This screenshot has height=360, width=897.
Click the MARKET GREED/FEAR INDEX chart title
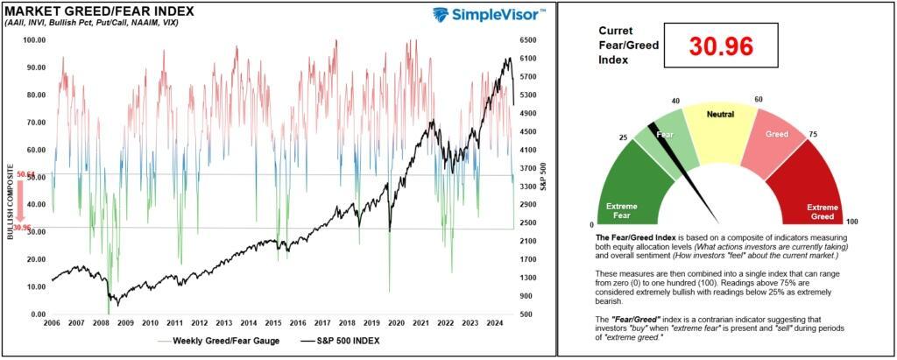pos(99,12)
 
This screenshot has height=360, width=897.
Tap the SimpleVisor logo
pos(489,14)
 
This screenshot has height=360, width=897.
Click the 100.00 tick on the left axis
pos(35,40)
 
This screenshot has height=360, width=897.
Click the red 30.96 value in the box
pos(720,47)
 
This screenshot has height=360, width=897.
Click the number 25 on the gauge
pos(624,138)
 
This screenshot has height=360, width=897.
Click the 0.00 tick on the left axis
pos(37,314)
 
